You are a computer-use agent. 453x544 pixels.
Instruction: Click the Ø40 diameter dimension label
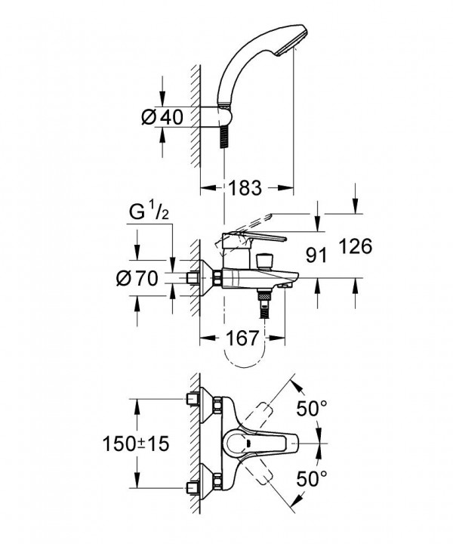tap(162, 117)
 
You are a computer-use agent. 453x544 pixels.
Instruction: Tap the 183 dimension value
tap(245, 187)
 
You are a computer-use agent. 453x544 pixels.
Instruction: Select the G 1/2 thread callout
tap(149, 212)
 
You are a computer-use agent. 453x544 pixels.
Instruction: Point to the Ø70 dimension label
tap(137, 278)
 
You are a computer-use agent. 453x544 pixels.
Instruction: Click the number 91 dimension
tap(316, 255)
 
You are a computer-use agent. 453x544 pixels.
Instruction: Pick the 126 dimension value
tap(356, 246)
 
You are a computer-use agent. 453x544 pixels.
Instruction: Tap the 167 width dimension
tap(242, 338)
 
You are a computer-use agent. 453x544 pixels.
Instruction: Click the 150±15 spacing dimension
tap(136, 444)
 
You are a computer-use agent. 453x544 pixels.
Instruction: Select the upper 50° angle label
tap(312, 408)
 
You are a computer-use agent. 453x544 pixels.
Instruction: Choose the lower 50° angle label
tap(312, 479)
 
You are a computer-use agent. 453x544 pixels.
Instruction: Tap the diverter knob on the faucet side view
tap(264, 261)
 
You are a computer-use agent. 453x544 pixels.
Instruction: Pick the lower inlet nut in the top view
tap(218, 481)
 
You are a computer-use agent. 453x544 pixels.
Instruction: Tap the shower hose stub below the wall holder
tap(225, 137)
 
